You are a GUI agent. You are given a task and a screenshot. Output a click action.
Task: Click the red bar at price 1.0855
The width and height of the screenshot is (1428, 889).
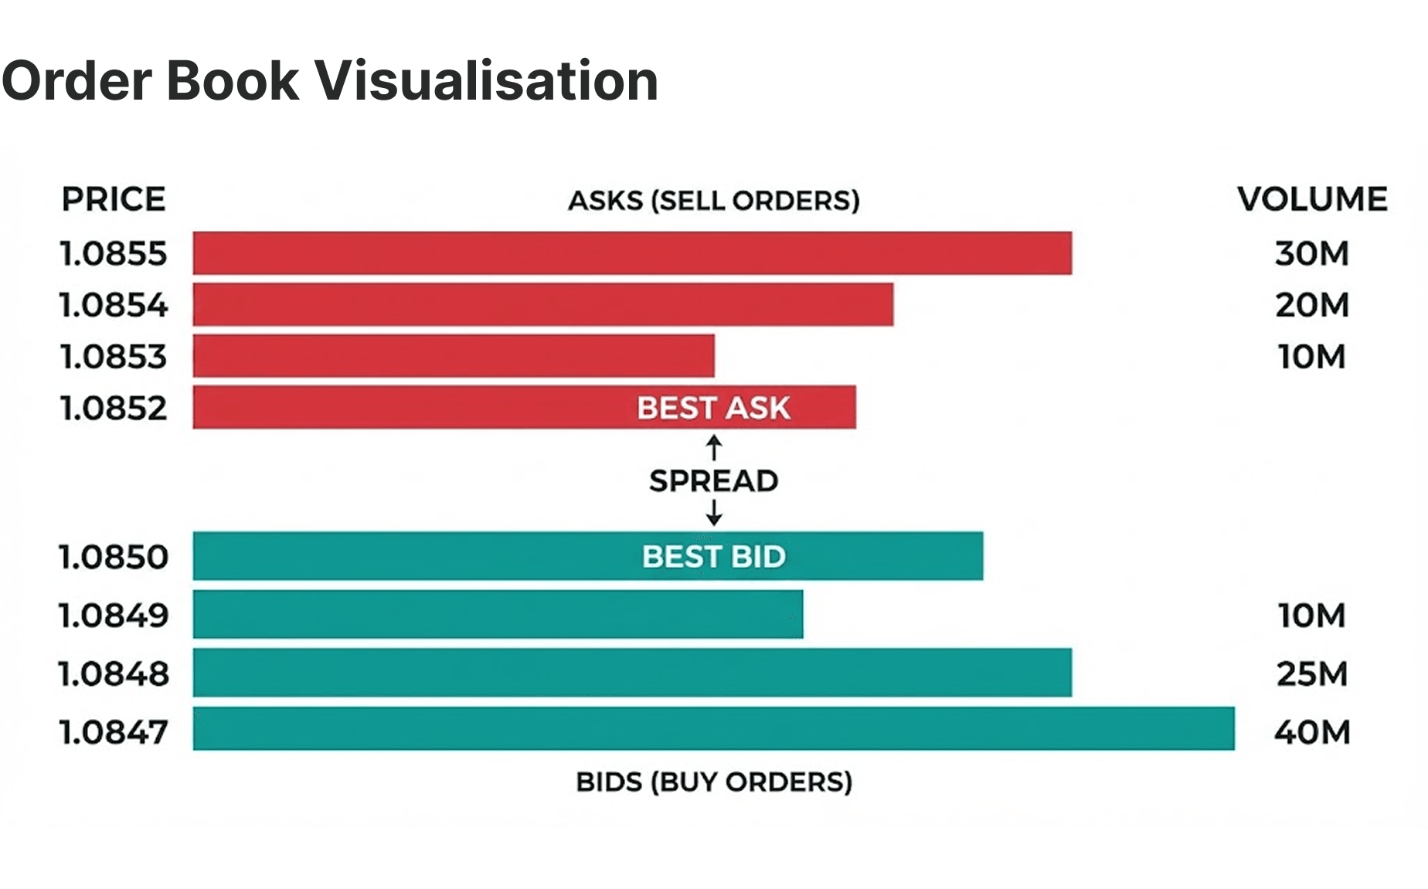point(632,253)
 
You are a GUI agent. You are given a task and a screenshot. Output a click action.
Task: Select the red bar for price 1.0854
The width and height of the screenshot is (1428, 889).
point(543,304)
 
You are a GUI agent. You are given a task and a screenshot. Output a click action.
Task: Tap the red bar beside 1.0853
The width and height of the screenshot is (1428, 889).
point(454,356)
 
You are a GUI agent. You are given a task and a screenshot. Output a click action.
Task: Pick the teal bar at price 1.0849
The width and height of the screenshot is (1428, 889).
point(498,615)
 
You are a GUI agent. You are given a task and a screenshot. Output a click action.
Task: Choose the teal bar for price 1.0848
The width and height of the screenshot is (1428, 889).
point(632,673)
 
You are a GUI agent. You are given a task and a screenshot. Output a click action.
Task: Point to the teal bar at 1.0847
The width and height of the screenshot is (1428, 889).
point(713,728)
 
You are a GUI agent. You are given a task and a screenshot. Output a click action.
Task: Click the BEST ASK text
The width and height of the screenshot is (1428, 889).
point(713,408)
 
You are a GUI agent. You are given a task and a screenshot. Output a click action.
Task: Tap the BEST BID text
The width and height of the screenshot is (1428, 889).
point(713,556)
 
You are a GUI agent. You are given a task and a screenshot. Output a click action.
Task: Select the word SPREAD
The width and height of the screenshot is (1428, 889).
point(713,481)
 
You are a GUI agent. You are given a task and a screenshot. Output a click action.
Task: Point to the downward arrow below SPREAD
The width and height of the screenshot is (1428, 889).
point(714,512)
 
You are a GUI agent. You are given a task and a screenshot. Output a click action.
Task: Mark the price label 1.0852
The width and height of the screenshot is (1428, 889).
point(114,408)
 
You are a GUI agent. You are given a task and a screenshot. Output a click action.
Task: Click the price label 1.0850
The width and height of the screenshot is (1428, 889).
point(114,557)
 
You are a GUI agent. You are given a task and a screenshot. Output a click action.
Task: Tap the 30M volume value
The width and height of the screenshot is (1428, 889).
point(1311,253)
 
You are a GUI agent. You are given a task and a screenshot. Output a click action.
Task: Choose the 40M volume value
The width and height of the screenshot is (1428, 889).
point(1312,731)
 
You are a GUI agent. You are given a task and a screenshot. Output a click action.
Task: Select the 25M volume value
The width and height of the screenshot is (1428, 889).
point(1311,674)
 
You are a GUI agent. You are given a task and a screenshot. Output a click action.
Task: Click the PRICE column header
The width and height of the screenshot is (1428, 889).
point(114,199)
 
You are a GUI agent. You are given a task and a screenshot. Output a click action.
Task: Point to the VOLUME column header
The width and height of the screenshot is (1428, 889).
point(1312,199)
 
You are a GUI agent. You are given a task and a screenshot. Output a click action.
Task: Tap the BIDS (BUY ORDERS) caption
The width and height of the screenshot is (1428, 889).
point(714,782)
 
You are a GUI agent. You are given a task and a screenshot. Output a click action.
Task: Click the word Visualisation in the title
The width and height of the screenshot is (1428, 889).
point(486,80)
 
